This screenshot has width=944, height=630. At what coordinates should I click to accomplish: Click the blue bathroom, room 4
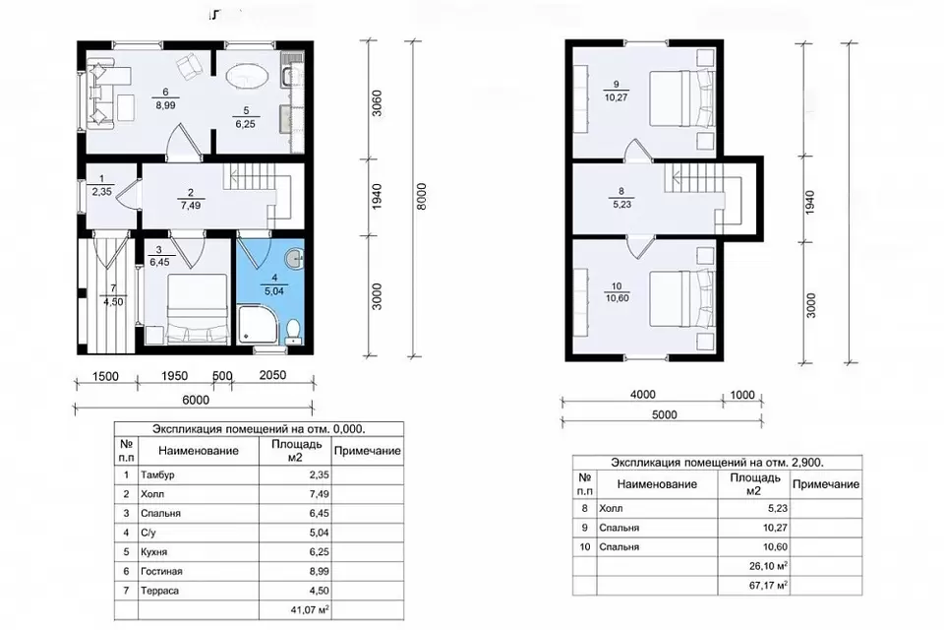tap(269, 291)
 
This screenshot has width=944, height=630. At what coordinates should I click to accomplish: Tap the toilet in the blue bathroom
tap(293, 332)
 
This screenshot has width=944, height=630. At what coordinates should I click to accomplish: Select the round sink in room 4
tap(295, 259)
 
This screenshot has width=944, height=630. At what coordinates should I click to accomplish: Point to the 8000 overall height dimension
tap(421, 197)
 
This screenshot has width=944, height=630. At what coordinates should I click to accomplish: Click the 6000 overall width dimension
tap(195, 400)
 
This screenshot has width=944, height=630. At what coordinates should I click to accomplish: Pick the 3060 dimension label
tap(377, 103)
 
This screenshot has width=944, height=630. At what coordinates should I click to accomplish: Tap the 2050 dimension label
tap(272, 375)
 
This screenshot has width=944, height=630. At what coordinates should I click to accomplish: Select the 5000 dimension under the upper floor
tap(664, 414)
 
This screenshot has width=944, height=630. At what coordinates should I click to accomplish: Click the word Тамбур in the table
tap(157, 475)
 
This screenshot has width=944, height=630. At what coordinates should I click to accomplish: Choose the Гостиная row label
tap(161, 572)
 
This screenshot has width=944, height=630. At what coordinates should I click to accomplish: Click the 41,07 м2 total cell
tap(310, 610)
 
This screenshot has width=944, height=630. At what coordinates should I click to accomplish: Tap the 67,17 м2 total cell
tap(769, 586)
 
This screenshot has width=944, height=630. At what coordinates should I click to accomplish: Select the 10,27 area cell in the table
tap(775, 528)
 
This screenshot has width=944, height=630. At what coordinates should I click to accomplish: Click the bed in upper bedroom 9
tap(682, 98)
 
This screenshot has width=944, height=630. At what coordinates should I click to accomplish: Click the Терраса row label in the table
tap(159, 591)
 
